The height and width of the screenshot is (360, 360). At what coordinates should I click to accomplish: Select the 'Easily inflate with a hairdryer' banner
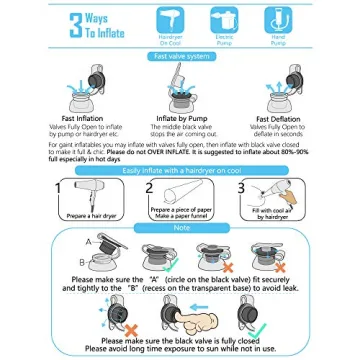coord(181,170)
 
